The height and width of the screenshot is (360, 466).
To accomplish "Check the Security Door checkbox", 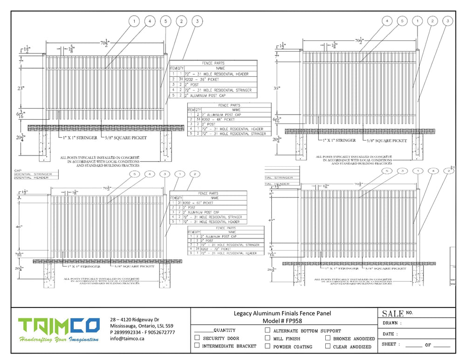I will [197, 338].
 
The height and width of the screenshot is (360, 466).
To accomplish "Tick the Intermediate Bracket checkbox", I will [197, 346].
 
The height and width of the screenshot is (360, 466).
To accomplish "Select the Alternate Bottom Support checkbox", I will [267, 330].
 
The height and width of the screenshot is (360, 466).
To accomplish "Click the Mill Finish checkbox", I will [267, 338].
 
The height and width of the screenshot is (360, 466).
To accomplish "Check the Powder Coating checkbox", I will [267, 346].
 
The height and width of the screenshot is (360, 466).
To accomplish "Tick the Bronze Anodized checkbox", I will [328, 339].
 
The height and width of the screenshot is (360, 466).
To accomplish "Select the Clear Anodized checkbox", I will [328, 346].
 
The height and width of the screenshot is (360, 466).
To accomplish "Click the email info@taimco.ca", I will [127, 339].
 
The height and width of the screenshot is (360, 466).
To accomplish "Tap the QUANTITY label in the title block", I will [224, 330].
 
